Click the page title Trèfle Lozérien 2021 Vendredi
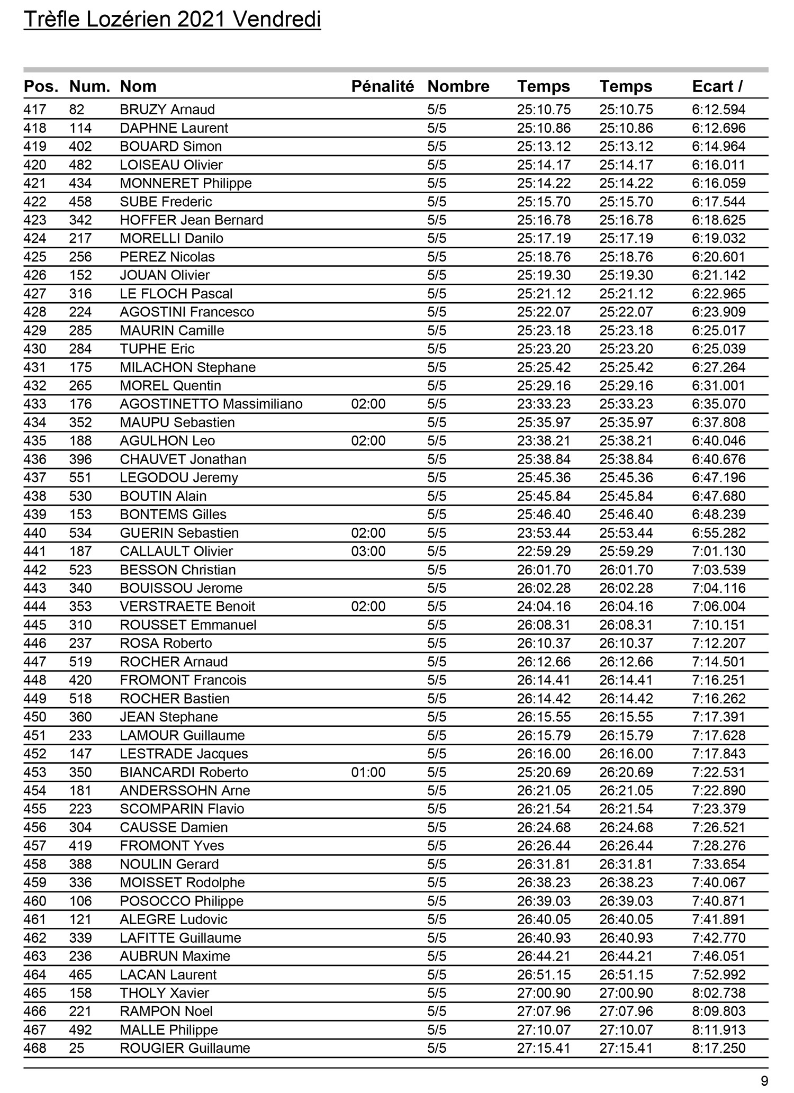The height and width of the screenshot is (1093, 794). tap(172, 20)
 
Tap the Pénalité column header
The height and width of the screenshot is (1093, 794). tap(382, 86)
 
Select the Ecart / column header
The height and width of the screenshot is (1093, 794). tap(717, 86)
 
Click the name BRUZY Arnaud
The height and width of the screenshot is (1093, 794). tap(167, 110)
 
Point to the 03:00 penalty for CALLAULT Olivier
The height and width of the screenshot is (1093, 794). tap(368, 551)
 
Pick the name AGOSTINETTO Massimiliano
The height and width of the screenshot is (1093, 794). tap(211, 404)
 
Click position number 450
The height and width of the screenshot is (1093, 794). tap(35, 717)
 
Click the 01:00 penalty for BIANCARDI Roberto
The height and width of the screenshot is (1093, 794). tap(368, 772)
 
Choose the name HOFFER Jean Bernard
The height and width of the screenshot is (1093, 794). tap(191, 220)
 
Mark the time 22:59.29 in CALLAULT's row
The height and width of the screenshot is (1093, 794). tap(544, 551)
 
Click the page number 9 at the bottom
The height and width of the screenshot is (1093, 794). tap(764, 1080)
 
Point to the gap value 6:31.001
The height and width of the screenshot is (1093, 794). tap(718, 385)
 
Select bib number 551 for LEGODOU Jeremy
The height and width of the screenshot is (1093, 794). tap(80, 477)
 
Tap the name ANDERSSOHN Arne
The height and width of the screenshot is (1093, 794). tap(185, 790)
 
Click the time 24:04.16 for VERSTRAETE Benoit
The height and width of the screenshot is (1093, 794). tap(544, 606)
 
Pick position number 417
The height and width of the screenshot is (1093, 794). tap(35, 110)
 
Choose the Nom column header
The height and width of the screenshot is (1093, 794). tap(138, 86)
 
